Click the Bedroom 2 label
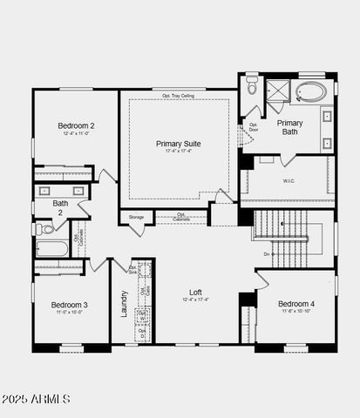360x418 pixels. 77,125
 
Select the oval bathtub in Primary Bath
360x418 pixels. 311,91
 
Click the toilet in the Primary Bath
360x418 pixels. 252,86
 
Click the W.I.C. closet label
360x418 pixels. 289,181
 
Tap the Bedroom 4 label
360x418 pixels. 296,304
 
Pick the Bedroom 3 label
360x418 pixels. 69,305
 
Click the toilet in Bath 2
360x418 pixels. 44,229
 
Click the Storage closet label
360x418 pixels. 137,217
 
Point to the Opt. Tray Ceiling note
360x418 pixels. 179,95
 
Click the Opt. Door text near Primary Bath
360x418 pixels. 255,127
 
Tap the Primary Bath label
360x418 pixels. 290,128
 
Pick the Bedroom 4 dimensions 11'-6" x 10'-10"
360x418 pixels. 296,312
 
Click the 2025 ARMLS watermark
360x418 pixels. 37,398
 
